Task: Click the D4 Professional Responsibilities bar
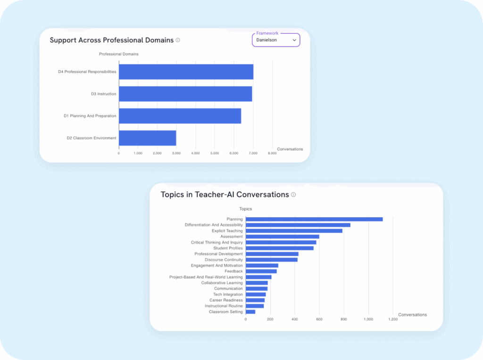coord(186,72)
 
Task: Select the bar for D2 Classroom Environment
coord(147,138)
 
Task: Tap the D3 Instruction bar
coord(185,94)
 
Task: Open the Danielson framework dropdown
coord(276,40)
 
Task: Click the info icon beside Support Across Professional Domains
coord(178,40)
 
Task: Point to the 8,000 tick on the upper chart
coord(272,153)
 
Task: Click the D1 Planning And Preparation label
coord(90,116)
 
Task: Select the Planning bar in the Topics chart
coord(314,219)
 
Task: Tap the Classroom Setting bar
coord(250,312)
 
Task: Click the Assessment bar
coord(282,237)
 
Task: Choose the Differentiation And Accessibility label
coord(214,225)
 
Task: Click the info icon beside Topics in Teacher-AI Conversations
coord(293,195)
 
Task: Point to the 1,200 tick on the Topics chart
coord(393,319)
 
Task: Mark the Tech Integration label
coord(228,295)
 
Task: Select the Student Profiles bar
coord(279,248)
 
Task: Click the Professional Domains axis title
coord(119,54)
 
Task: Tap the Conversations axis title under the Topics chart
coord(412,315)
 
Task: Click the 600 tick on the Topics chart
coord(319,319)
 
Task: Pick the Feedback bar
coord(261,271)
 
